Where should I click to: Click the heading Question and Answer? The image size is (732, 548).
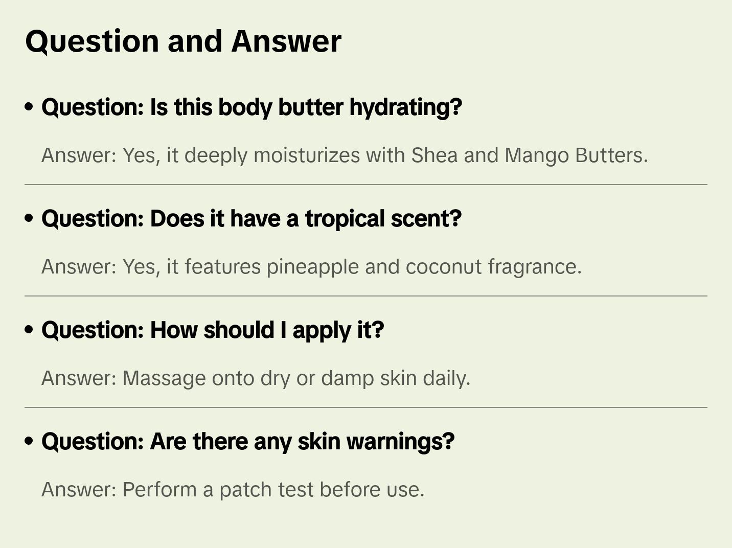click(183, 41)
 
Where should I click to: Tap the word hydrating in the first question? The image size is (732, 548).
click(405, 107)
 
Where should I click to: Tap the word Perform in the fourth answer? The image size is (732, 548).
click(159, 490)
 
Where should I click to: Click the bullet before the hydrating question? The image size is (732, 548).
click(29, 107)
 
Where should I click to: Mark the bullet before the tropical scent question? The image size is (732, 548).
click(29, 218)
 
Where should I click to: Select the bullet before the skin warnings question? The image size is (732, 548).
click(29, 441)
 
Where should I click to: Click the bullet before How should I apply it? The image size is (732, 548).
click(29, 330)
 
